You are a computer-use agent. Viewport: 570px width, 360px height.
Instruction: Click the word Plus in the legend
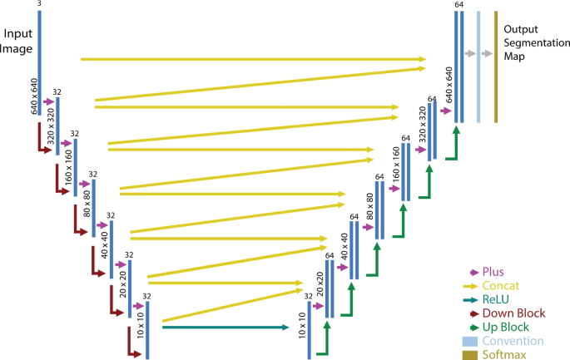493,272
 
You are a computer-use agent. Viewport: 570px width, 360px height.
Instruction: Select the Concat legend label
499,285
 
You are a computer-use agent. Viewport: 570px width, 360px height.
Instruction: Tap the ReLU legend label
495,299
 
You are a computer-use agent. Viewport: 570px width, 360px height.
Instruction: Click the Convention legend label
513,341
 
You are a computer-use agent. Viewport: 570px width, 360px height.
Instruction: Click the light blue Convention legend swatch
469,341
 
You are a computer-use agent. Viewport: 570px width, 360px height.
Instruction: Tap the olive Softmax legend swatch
469,354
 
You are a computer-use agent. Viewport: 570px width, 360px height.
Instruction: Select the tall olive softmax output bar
495,67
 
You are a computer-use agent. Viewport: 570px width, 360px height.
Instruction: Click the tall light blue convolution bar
478,67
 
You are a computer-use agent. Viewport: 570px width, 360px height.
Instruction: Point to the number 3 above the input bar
39,5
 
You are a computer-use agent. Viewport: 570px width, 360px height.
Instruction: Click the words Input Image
17,42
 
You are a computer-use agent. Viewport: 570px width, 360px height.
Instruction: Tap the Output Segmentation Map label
533,42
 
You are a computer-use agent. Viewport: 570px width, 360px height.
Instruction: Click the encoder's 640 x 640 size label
34,97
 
